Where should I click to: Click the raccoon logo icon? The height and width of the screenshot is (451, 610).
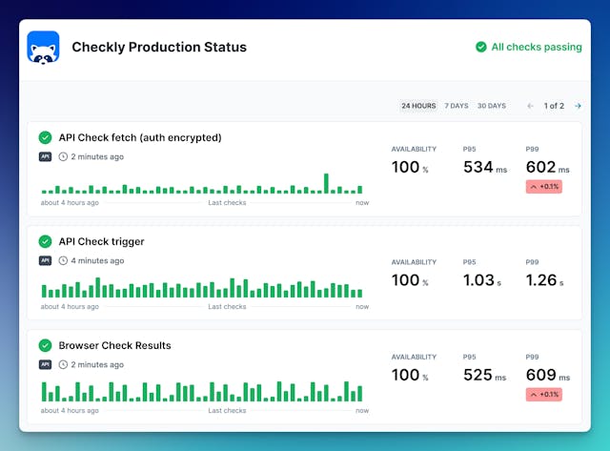coord(43,47)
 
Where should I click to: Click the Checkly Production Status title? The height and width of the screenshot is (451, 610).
coord(159,47)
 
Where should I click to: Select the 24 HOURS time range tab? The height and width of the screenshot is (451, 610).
coord(418,106)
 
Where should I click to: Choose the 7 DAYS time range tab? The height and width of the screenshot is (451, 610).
coord(457,106)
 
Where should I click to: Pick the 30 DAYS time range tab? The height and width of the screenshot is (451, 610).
coord(492,106)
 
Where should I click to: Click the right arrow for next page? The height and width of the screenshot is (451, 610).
coord(578,106)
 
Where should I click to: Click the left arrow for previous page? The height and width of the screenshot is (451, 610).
coord(531,106)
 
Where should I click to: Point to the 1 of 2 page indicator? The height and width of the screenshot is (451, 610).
coord(554,106)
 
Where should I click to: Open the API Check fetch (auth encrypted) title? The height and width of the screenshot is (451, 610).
coord(139,137)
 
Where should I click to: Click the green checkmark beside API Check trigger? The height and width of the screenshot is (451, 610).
coord(45,241)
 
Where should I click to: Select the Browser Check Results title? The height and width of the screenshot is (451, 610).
coord(114,345)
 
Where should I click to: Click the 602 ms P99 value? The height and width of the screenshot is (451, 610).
coord(547,168)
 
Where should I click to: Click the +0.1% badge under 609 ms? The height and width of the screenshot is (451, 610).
coord(544,395)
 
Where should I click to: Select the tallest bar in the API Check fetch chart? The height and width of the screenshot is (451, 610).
coord(326,183)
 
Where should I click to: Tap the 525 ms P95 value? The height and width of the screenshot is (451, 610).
coord(484,376)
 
